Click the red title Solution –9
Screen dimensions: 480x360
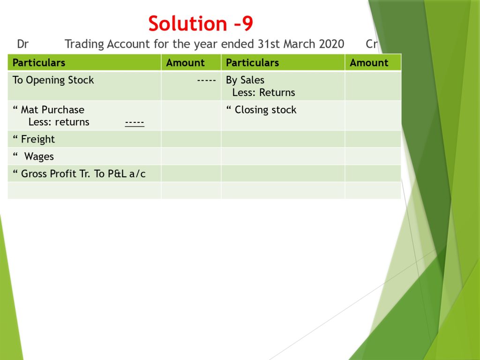click(201, 23)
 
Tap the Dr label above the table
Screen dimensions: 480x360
click(22, 44)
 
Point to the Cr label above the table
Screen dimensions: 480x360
click(372, 44)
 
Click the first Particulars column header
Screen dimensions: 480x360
click(39, 63)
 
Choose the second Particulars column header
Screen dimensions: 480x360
click(252, 63)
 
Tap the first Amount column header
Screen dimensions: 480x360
click(185, 63)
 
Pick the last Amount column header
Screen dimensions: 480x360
click(369, 63)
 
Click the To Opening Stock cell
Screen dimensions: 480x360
click(53, 80)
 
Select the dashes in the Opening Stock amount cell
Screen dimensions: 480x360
click(207, 81)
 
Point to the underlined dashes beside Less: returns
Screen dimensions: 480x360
click(135, 123)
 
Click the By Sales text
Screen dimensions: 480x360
click(245, 80)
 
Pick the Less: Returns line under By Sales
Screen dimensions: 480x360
click(263, 92)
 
